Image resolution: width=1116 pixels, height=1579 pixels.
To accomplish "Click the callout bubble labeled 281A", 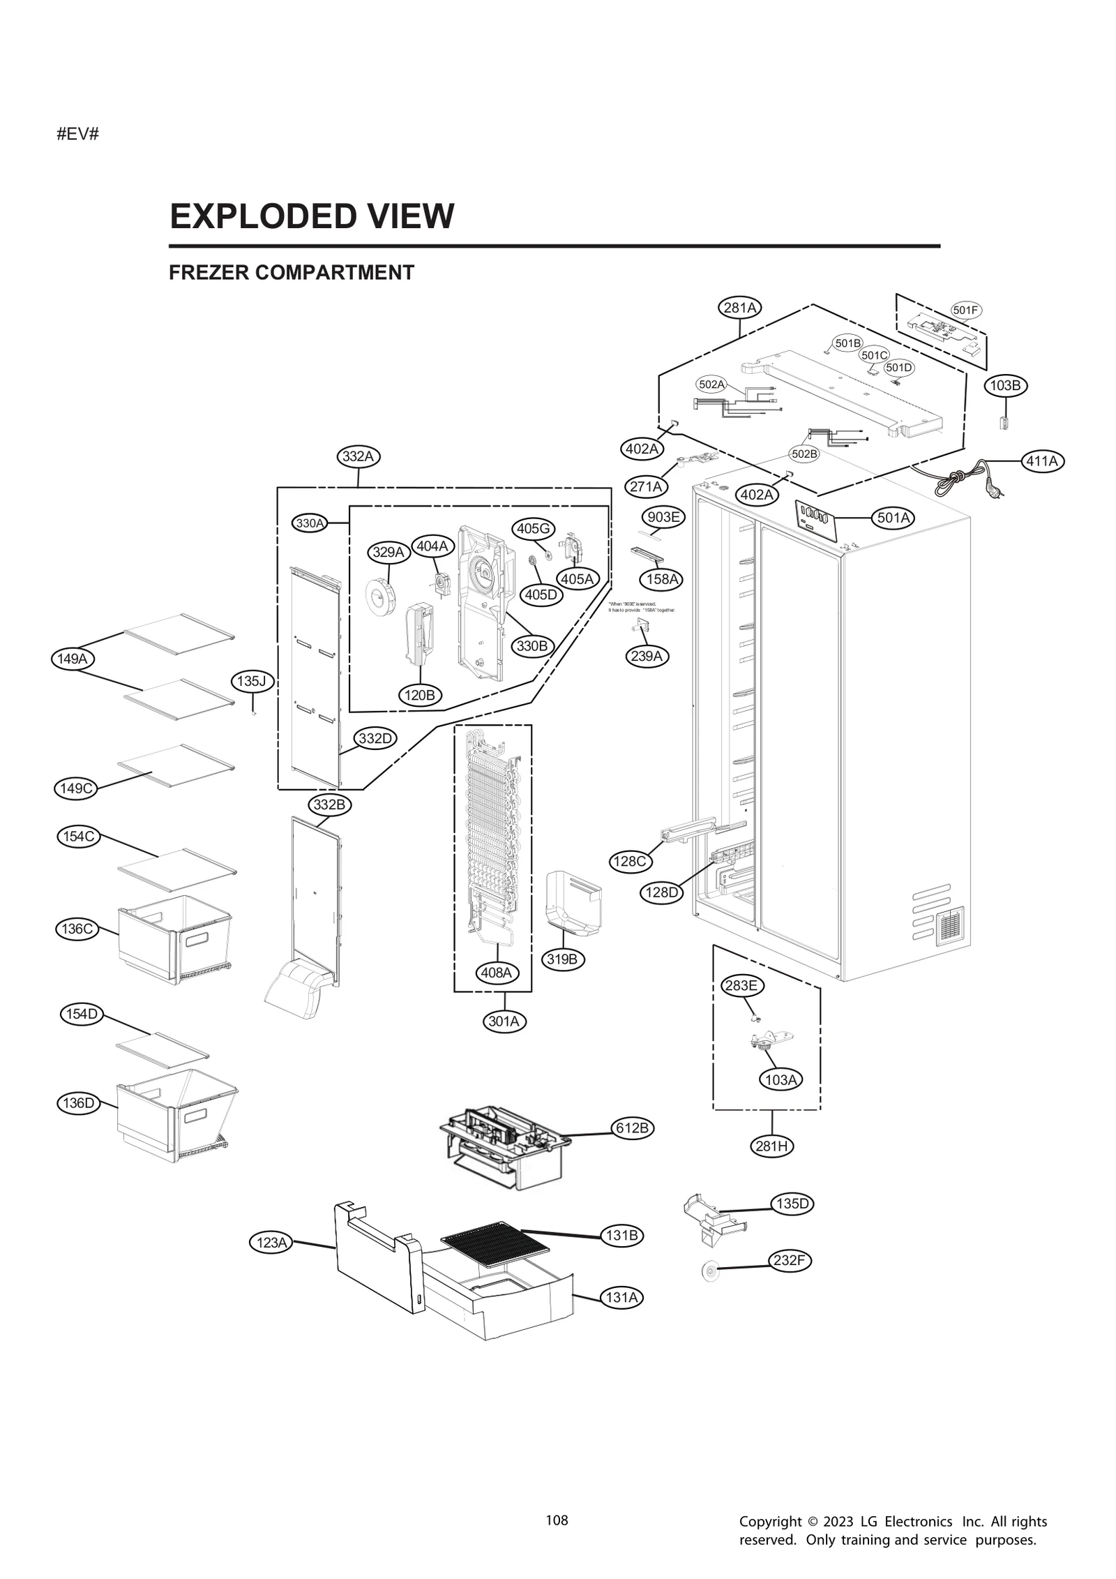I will coord(740,307).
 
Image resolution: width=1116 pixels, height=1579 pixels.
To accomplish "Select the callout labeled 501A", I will coord(893,518).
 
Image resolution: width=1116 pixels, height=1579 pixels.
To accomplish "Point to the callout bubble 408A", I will coord(497,972).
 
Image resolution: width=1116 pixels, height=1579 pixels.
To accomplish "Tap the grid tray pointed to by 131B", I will coord(495,1244).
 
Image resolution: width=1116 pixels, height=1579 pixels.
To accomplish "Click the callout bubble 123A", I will coord(271,1242).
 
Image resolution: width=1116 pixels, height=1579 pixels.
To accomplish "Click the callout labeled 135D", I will coord(792,1204).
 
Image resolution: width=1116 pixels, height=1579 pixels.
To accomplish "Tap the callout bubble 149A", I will coord(73,658).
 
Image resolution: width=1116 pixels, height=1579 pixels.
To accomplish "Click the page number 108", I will coord(557,1520).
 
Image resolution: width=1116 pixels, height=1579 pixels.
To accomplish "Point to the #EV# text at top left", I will coord(77,134).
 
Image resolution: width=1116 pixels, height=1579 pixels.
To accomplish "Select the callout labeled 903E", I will coord(663,517).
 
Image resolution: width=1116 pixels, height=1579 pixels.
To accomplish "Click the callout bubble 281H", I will coord(773,1146).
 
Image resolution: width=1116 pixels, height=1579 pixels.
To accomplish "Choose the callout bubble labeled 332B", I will coord(329,805).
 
